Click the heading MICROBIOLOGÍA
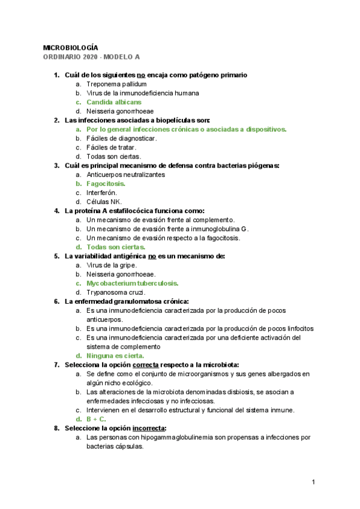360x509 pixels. (x=71, y=47)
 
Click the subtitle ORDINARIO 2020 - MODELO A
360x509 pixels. (x=91, y=57)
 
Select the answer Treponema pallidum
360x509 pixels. (x=116, y=84)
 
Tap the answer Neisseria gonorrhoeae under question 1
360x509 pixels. (x=120, y=111)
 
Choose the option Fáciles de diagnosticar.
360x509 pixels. (x=122, y=138)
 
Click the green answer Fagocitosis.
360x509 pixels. (x=106, y=183)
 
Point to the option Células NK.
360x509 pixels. (x=104, y=202)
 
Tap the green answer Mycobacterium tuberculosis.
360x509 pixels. (x=133, y=283)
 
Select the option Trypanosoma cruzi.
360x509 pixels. (x=116, y=292)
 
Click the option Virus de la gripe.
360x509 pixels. (x=112, y=265)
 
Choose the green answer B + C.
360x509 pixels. (x=98, y=419)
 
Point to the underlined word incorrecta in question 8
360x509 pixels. (x=149, y=428)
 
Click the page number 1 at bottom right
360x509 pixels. (x=314, y=483)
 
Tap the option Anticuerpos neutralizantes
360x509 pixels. (x=125, y=174)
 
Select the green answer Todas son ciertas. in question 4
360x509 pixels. (x=115, y=247)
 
